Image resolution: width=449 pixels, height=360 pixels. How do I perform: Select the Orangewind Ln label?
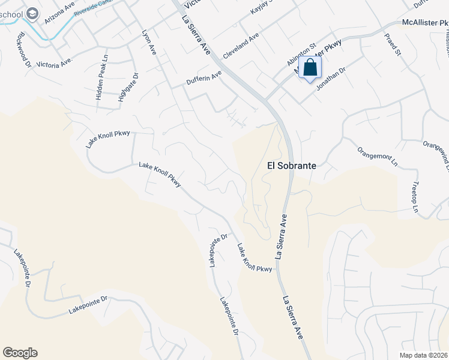point(436,152)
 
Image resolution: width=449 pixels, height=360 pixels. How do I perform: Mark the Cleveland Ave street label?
point(241,46)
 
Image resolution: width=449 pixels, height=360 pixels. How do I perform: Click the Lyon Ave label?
point(148,43)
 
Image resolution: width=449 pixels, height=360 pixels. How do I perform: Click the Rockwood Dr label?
point(24,45)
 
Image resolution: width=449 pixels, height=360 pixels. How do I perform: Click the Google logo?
point(20,353)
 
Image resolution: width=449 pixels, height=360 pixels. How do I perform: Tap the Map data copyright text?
point(423,355)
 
